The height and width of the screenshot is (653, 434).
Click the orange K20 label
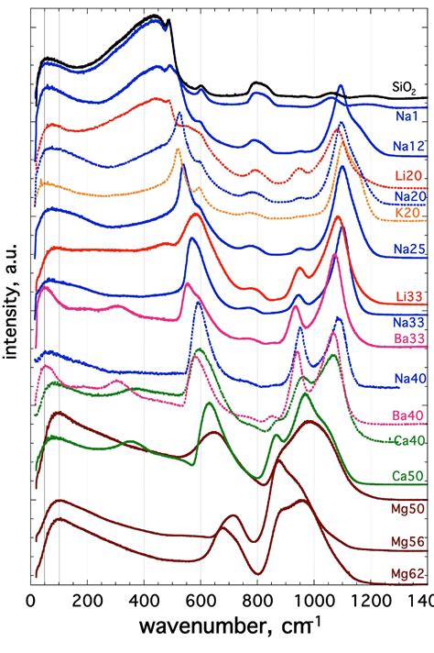407,213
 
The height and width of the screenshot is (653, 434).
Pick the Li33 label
408,293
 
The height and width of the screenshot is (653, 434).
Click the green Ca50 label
407,477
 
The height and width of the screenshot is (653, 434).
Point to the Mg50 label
407,507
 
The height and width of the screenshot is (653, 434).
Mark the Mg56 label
407,542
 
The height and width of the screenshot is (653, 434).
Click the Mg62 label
407,574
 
